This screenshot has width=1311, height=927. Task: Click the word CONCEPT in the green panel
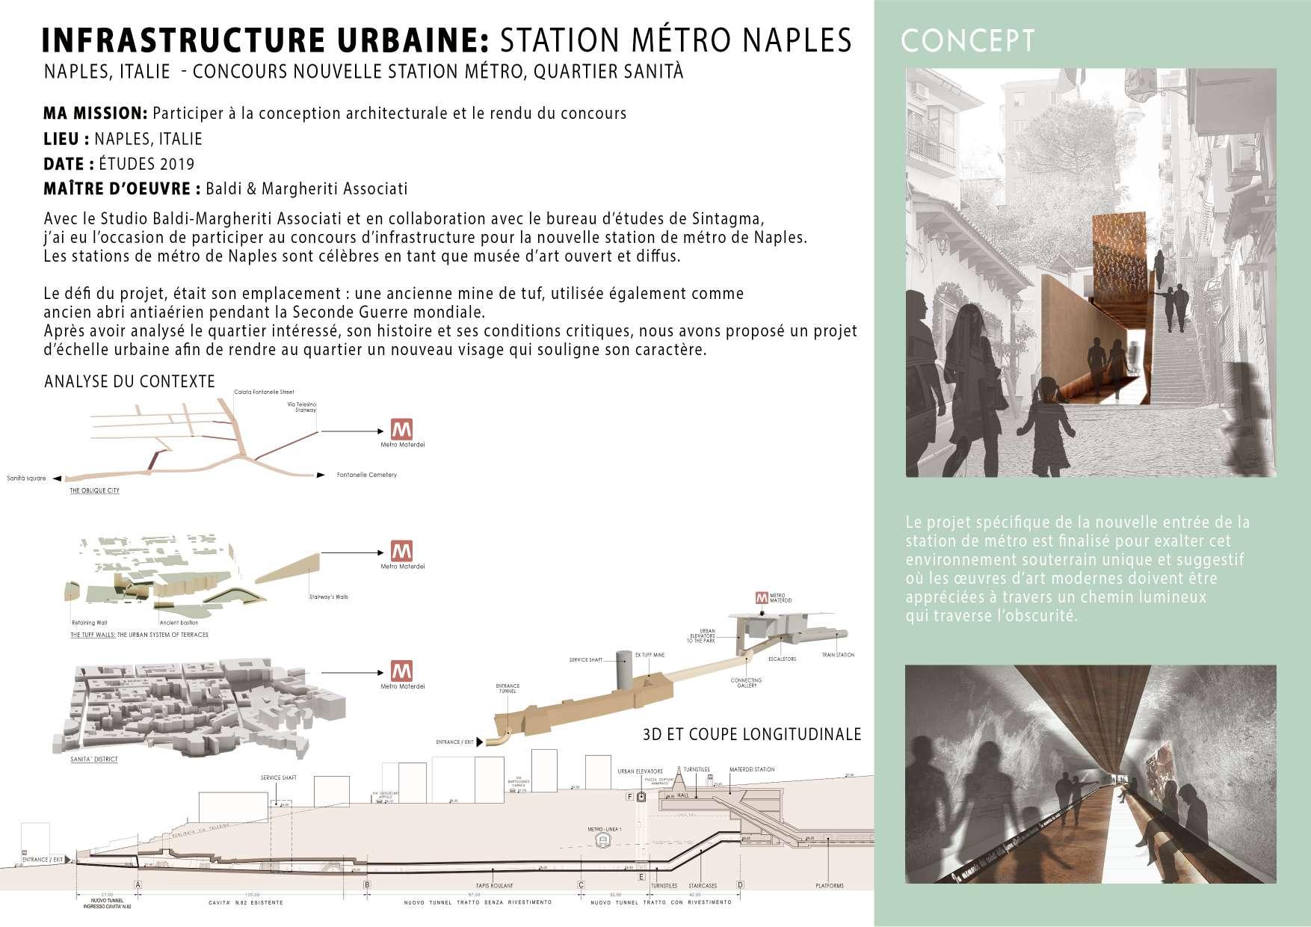[x=968, y=41]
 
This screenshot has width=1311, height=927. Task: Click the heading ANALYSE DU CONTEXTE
[x=129, y=381]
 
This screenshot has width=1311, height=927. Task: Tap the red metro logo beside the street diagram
[x=402, y=429]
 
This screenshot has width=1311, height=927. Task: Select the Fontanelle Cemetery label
[x=366, y=475]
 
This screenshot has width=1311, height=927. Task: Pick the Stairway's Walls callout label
[x=328, y=597]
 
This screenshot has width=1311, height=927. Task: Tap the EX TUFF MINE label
[x=650, y=655]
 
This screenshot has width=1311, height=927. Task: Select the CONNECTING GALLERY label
[x=746, y=683]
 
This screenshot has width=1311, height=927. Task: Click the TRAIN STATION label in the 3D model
[x=838, y=655]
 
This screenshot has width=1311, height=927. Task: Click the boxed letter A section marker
[x=138, y=884]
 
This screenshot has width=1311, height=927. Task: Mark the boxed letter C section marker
[x=581, y=885]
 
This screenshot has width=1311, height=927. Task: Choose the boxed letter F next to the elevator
[x=630, y=797]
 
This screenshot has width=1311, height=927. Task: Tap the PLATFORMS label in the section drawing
[x=829, y=886]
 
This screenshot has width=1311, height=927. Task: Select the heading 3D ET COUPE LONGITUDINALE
[x=752, y=734]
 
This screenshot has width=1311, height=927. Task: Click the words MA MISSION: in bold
[x=95, y=114]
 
